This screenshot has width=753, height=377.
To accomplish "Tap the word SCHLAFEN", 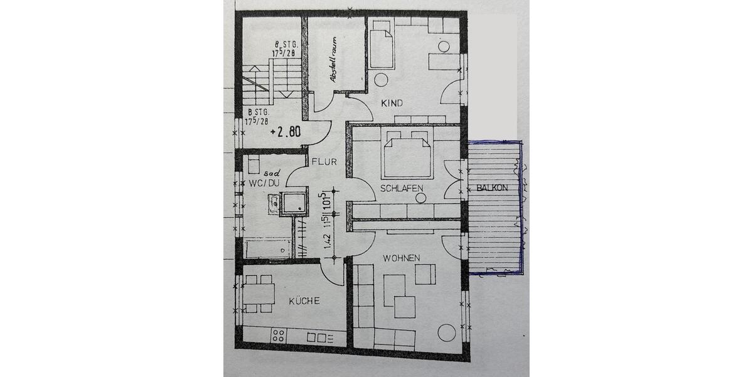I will (x=401, y=188).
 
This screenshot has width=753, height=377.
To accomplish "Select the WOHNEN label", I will (x=402, y=258).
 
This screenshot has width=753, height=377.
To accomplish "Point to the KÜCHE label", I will (x=304, y=301).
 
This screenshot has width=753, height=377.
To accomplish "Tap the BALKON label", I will (x=491, y=188).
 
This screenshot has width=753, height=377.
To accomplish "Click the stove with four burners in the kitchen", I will (x=279, y=336).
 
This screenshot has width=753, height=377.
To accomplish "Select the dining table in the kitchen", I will (x=259, y=294).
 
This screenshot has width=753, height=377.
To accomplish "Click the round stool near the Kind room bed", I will (x=380, y=80).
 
